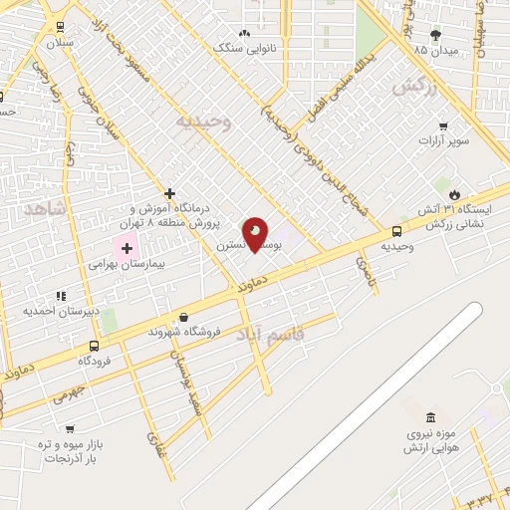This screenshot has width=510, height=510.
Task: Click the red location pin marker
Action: click(255, 233)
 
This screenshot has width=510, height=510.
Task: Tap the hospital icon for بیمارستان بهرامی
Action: click(127, 246)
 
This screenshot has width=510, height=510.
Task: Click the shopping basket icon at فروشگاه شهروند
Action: click(183, 317)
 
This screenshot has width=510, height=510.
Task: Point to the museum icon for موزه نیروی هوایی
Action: click(429, 416)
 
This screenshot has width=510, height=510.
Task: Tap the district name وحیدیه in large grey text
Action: click(204, 123)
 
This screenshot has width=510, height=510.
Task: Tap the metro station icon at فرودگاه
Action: click(95, 347)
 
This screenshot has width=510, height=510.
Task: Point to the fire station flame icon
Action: click(455, 193)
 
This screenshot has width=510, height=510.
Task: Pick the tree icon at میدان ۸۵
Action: click(434, 34)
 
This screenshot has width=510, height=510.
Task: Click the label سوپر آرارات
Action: click(443, 140)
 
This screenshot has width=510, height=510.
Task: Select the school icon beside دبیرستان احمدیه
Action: click(61, 296)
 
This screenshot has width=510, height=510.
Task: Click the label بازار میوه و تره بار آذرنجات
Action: click(65, 450)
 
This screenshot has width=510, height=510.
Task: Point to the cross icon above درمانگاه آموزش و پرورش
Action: click(170, 192)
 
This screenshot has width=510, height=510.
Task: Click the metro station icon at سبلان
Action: click(61, 28)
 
